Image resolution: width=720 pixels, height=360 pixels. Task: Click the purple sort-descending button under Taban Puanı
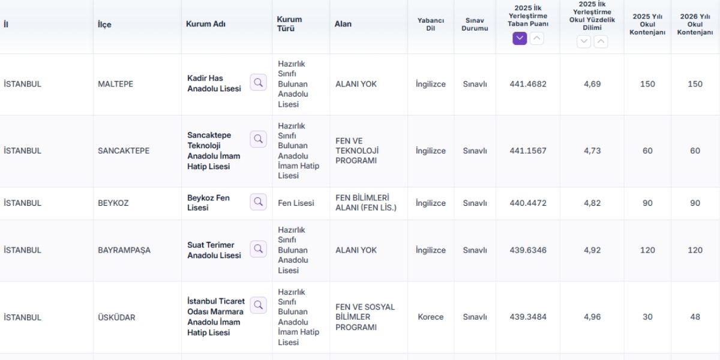(520, 38)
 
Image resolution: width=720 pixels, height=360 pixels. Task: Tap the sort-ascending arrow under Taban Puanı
(536, 38)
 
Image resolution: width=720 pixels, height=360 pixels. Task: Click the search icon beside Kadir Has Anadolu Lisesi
(258, 83)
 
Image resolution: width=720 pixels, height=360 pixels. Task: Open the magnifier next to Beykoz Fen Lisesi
(258, 202)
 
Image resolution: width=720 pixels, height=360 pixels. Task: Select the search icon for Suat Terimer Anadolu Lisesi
(258, 249)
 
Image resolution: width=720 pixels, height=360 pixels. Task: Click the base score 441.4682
(528, 84)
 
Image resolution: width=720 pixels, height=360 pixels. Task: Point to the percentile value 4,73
(592, 151)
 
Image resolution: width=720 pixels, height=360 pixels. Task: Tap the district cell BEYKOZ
(113, 203)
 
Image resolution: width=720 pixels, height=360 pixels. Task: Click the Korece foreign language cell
(430, 317)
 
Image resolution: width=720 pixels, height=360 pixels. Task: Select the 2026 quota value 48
(695, 317)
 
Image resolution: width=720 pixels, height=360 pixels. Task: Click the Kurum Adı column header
(206, 24)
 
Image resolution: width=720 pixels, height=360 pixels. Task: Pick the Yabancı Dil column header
(430, 24)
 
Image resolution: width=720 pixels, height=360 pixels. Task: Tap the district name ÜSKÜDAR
(116, 317)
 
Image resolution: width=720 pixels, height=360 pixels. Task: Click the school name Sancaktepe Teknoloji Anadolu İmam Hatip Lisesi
(214, 151)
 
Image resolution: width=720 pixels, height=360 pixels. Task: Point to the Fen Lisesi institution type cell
(296, 203)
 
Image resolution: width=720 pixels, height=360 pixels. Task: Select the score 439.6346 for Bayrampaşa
(528, 250)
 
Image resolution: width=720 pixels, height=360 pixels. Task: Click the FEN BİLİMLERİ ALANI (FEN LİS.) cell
(366, 203)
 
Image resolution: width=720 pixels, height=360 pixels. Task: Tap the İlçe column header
(104, 25)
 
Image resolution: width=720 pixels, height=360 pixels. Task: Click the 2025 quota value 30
(647, 317)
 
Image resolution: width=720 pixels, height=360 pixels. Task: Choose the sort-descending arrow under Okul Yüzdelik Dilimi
(583, 41)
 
